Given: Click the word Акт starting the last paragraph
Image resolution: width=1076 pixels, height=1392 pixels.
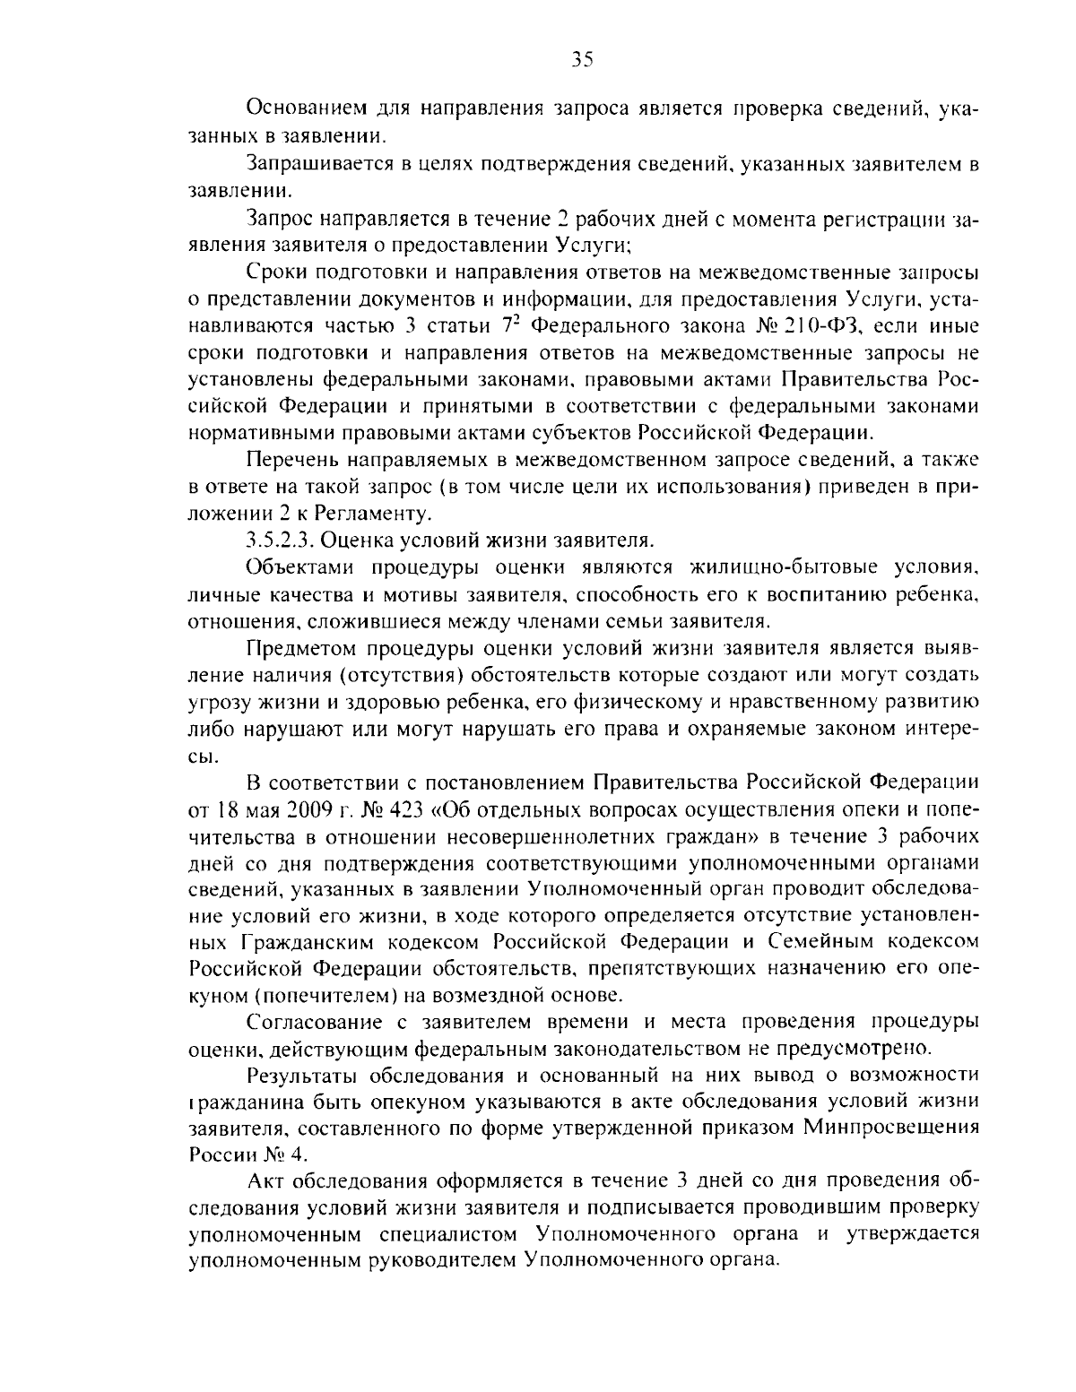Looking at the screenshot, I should (265, 1179).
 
